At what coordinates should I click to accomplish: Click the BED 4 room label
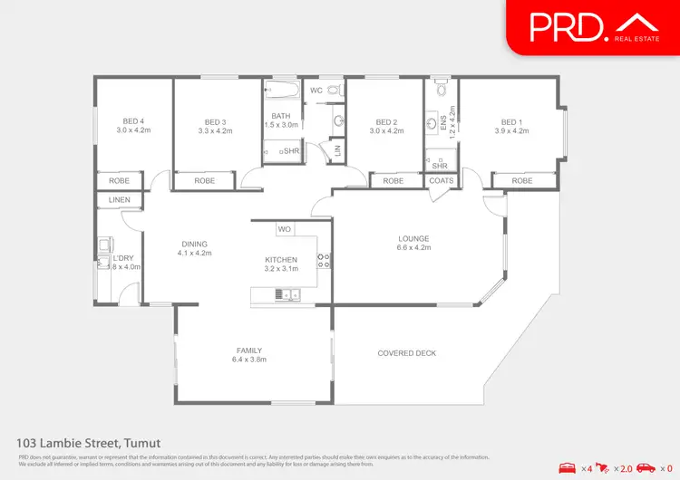point(134,122)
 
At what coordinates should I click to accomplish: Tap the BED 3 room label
point(215,122)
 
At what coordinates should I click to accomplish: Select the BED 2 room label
point(386,122)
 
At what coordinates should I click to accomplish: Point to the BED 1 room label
point(511,122)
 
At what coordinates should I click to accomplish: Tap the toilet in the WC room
point(333,90)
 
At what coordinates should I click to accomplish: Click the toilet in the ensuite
point(441,91)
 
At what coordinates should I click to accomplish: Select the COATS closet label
point(442,181)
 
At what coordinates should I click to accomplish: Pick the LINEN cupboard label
point(120,199)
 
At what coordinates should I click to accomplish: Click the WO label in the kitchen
point(284,229)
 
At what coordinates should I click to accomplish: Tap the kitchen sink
point(287,292)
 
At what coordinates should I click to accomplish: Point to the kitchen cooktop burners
point(321,261)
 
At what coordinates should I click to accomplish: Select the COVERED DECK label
point(408,353)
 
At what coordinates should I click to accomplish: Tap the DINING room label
point(194,244)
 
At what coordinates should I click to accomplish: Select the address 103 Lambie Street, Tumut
point(89,443)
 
